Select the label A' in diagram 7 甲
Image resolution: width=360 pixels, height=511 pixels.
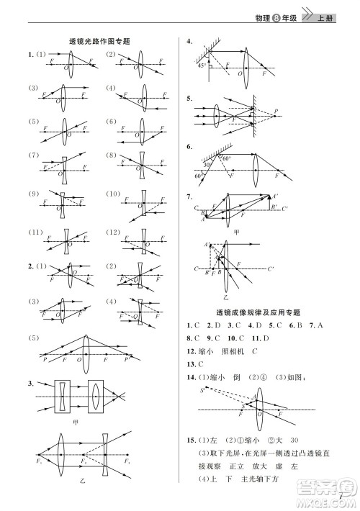click(x=274, y=196)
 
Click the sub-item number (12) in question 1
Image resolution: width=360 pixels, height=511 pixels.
click(x=112, y=232)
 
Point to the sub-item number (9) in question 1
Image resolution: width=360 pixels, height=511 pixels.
click(x=33, y=194)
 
